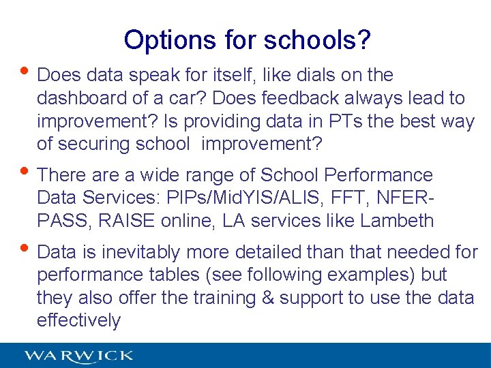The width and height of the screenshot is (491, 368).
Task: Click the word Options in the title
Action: point(167,40)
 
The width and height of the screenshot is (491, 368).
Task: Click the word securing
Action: point(95,144)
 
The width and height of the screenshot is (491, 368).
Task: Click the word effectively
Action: point(78,321)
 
